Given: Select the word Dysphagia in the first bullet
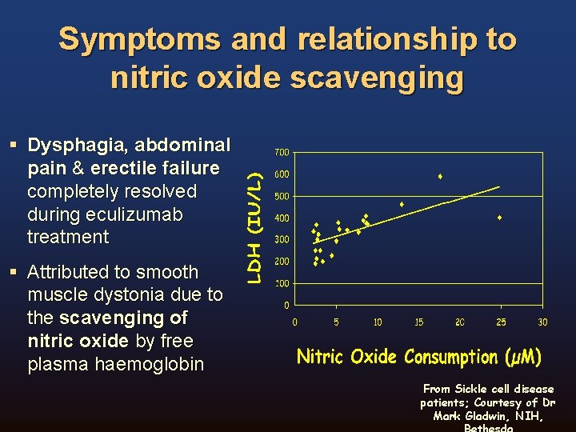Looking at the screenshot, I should [x=78, y=145].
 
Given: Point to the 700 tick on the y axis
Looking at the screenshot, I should [x=282, y=153].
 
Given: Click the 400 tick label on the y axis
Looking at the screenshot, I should [x=282, y=218].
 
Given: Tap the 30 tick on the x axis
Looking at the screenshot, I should [x=542, y=322].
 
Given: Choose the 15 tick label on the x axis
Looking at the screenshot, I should [x=418, y=322].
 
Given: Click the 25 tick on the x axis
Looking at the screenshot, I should [x=501, y=322].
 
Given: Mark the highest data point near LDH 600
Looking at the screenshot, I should [x=440, y=176].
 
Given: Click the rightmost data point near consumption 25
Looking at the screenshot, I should [x=500, y=218].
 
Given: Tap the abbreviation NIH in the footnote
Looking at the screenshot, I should [x=527, y=416].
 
